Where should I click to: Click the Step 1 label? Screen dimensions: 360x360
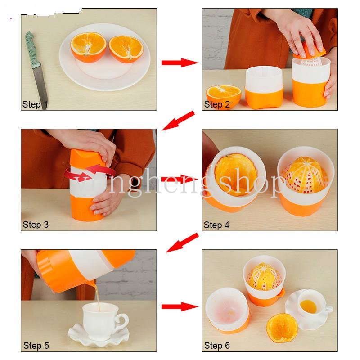(x=35, y=104)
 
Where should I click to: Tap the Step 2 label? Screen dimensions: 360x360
(x=217, y=104)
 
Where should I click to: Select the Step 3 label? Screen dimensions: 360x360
(x=36, y=225)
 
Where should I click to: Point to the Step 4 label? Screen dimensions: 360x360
(x=216, y=225)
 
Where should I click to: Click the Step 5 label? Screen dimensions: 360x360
(x=36, y=346)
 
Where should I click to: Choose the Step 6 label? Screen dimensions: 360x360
(x=217, y=346)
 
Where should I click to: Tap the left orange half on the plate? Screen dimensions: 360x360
(x=88, y=47)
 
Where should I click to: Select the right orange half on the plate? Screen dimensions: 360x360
(x=126, y=49)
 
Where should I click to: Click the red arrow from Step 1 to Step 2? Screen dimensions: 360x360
(x=180, y=63)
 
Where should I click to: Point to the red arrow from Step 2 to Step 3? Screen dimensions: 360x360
(x=178, y=121)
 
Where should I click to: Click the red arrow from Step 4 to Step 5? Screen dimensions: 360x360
(x=182, y=243)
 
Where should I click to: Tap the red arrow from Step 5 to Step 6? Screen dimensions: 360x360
(x=180, y=306)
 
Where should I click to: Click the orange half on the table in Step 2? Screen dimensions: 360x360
(x=223, y=96)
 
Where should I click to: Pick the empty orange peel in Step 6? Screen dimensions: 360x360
(x=282, y=328)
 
